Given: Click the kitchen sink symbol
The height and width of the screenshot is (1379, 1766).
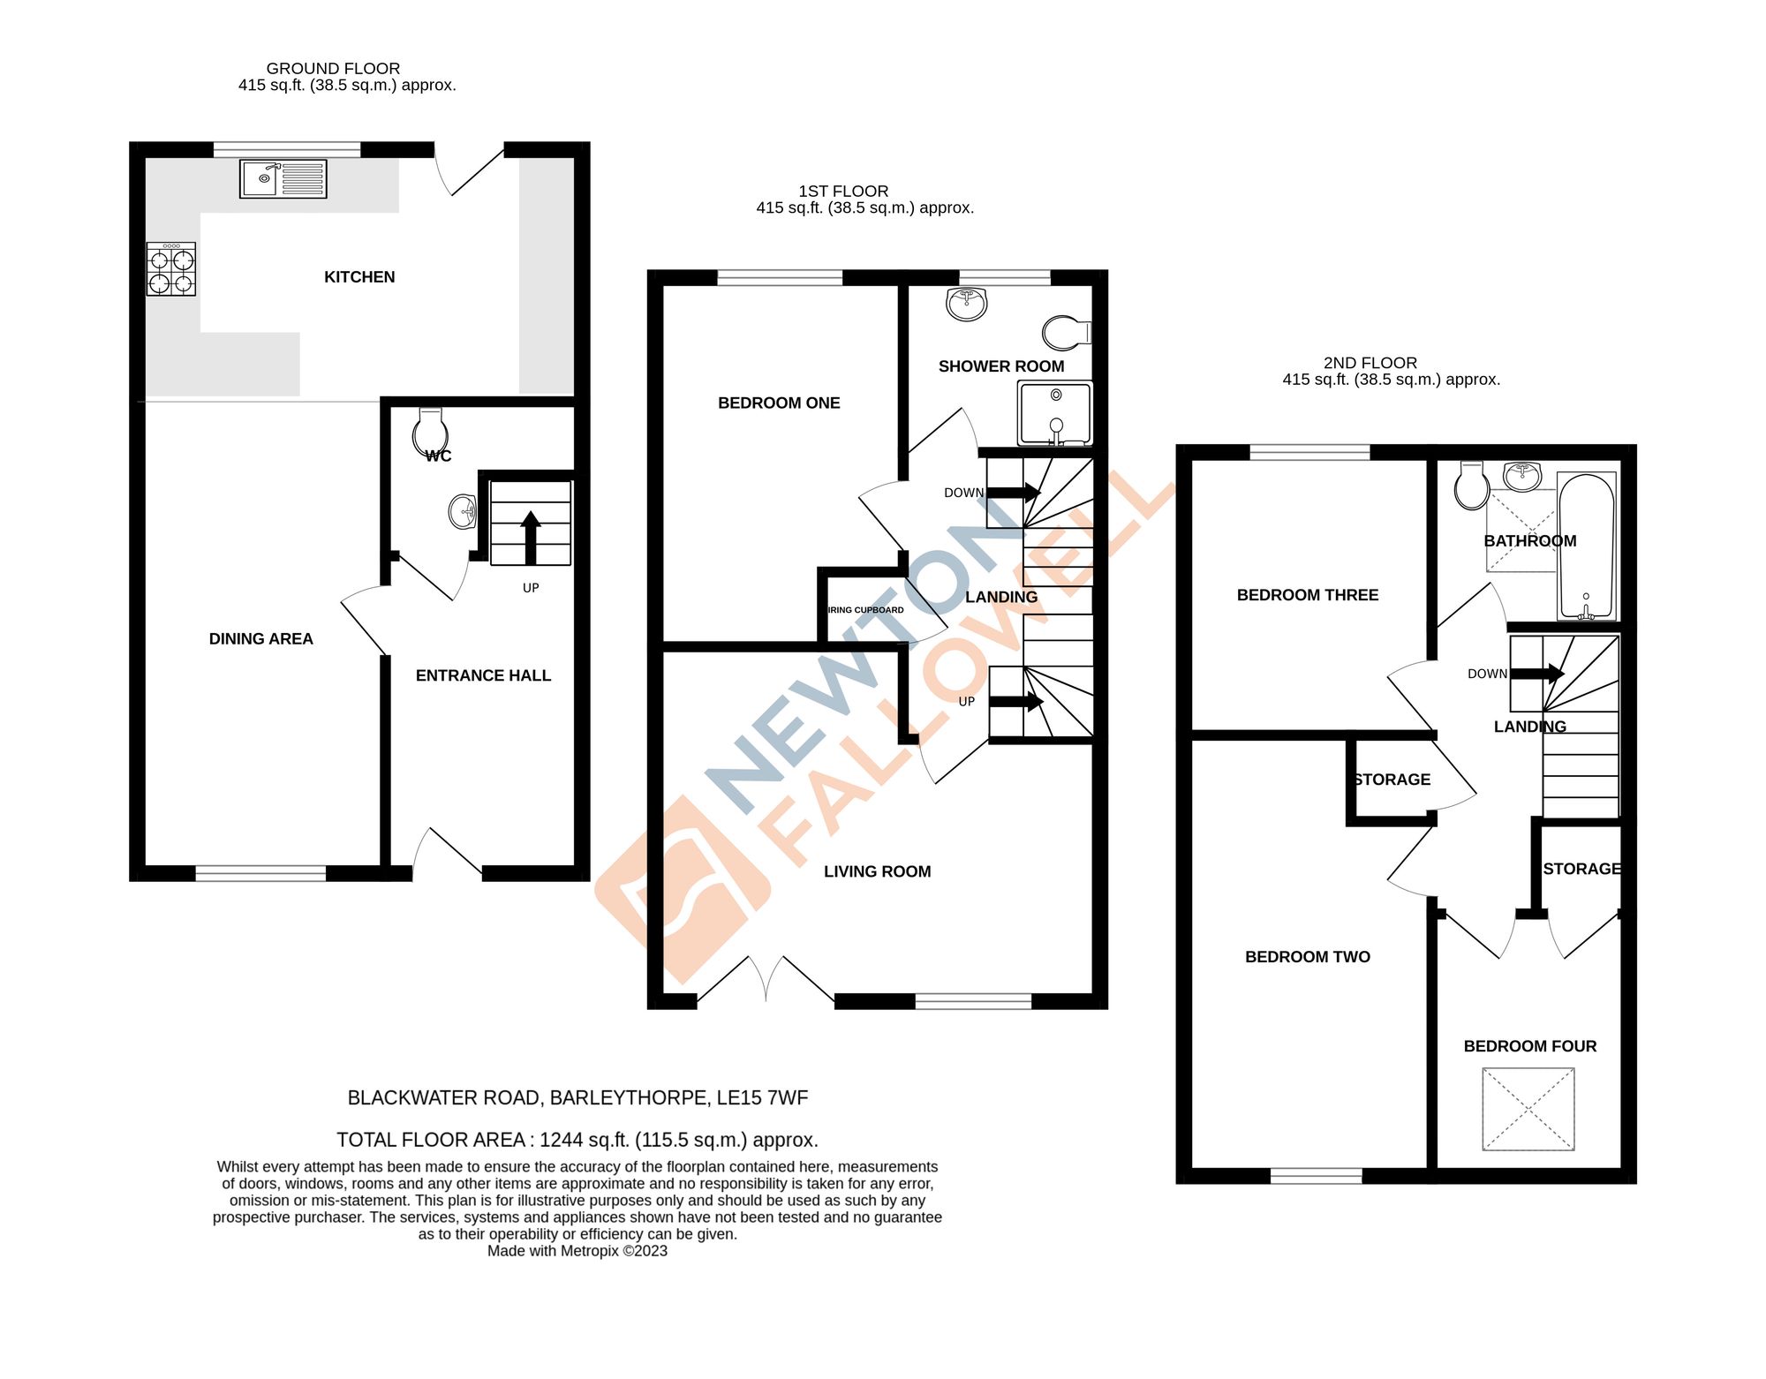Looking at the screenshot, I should pyautogui.click(x=283, y=179).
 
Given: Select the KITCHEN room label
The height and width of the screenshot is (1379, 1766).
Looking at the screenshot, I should pyautogui.click(x=359, y=277).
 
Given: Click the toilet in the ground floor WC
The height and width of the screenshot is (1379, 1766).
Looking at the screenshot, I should pyautogui.click(x=430, y=432).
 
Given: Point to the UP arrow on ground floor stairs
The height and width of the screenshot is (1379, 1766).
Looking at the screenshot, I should pyautogui.click(x=531, y=537).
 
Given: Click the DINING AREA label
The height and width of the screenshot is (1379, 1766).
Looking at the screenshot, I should pyautogui.click(x=260, y=639).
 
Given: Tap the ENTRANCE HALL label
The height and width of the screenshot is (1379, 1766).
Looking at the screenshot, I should pyautogui.click(x=483, y=675).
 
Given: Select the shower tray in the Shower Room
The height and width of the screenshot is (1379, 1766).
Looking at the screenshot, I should pyautogui.click(x=1055, y=413).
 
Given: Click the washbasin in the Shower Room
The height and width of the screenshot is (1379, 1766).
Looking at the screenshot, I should pyautogui.click(x=966, y=304).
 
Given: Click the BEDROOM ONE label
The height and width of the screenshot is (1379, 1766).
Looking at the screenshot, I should pyautogui.click(x=779, y=403).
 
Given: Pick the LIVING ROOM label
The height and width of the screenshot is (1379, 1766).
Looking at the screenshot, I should pyautogui.click(x=877, y=872).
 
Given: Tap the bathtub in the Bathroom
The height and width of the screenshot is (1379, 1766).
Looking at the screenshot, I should pyautogui.click(x=1587, y=546).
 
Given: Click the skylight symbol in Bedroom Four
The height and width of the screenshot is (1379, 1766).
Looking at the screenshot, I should pyautogui.click(x=1528, y=1109).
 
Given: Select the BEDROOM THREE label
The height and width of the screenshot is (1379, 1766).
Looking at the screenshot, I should pyautogui.click(x=1307, y=596).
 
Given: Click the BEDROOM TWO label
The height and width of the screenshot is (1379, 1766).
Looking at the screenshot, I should pyautogui.click(x=1307, y=957).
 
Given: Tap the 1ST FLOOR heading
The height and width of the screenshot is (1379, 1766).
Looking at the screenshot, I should pyautogui.click(x=843, y=192).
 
